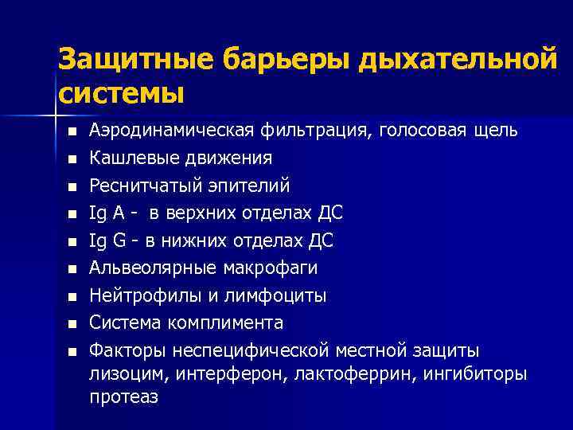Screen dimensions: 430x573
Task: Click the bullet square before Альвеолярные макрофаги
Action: (72, 269)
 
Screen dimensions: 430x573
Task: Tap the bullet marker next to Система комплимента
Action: (72, 324)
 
